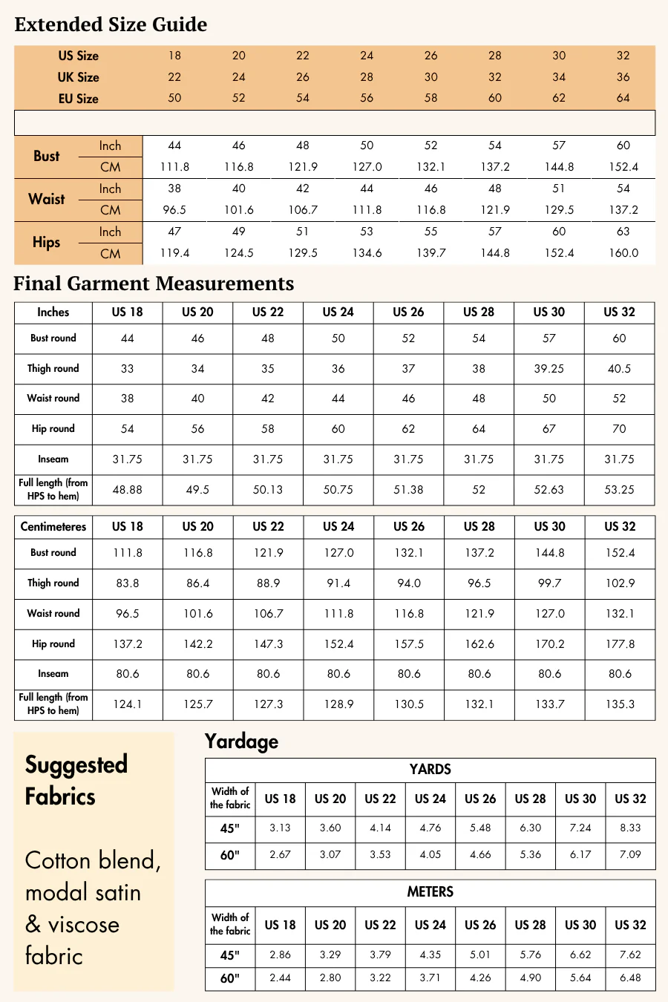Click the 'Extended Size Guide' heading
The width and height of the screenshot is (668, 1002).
click(111, 24)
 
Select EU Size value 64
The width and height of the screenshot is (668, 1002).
click(623, 98)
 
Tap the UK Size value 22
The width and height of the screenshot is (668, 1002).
click(174, 77)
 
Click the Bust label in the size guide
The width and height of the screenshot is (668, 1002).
click(46, 156)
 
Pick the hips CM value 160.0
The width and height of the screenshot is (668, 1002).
click(623, 253)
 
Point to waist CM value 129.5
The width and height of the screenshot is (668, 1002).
click(559, 210)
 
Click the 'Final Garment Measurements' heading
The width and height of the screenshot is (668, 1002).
click(154, 284)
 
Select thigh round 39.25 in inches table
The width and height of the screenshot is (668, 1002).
click(549, 369)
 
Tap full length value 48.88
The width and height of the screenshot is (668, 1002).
click(128, 490)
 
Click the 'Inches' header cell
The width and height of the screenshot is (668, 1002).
click(53, 312)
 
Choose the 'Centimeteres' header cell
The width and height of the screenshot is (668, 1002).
click(53, 527)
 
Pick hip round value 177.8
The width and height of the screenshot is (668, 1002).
click(620, 644)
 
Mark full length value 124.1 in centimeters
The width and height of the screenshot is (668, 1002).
click(128, 704)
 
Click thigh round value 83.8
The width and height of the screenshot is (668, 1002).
click(128, 583)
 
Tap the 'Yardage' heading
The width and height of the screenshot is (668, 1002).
click(241, 741)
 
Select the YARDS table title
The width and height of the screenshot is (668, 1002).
click(430, 770)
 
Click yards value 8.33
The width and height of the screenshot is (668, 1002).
click(630, 828)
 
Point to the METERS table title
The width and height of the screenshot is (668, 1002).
click(430, 892)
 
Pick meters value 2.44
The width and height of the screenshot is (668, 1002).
click(280, 978)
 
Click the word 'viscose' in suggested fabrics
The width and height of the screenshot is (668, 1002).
click(83, 925)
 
